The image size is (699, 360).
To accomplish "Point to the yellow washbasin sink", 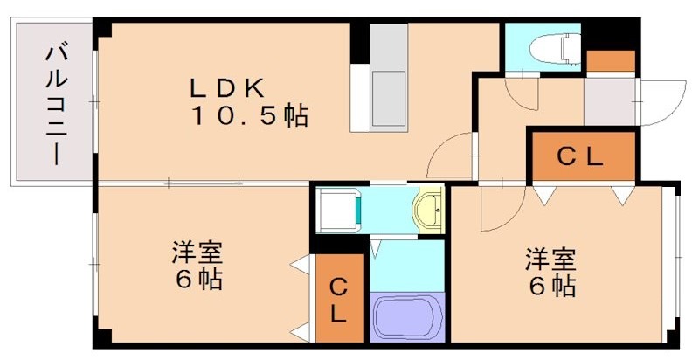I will click(429, 211).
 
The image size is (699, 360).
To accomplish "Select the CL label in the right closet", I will click(580, 157).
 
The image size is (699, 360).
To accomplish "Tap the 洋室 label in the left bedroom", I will click(196, 254).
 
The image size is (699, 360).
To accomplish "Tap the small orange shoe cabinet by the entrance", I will click(610, 61).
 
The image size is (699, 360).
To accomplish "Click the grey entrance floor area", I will click(609, 101).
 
